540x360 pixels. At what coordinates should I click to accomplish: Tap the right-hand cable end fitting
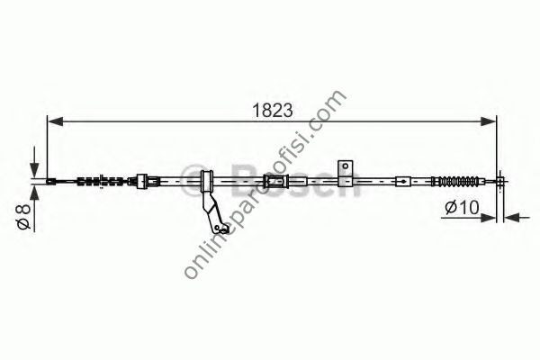[501, 183]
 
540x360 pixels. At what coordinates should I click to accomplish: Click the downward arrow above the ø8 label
[33, 170]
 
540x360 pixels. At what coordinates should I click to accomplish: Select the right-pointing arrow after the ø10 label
[491, 216]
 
